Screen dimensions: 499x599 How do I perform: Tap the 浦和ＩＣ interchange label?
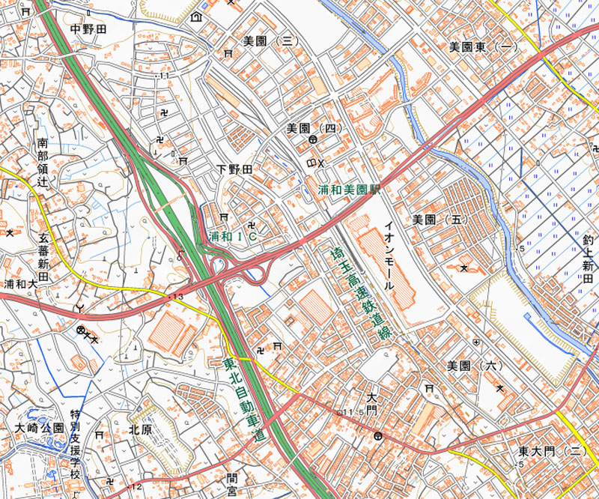[234, 236]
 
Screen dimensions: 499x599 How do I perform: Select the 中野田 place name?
[88, 29]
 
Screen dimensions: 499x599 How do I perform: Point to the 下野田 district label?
[234, 169]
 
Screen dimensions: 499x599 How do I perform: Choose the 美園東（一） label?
[484, 46]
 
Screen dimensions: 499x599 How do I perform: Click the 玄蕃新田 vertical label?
[43, 255]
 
